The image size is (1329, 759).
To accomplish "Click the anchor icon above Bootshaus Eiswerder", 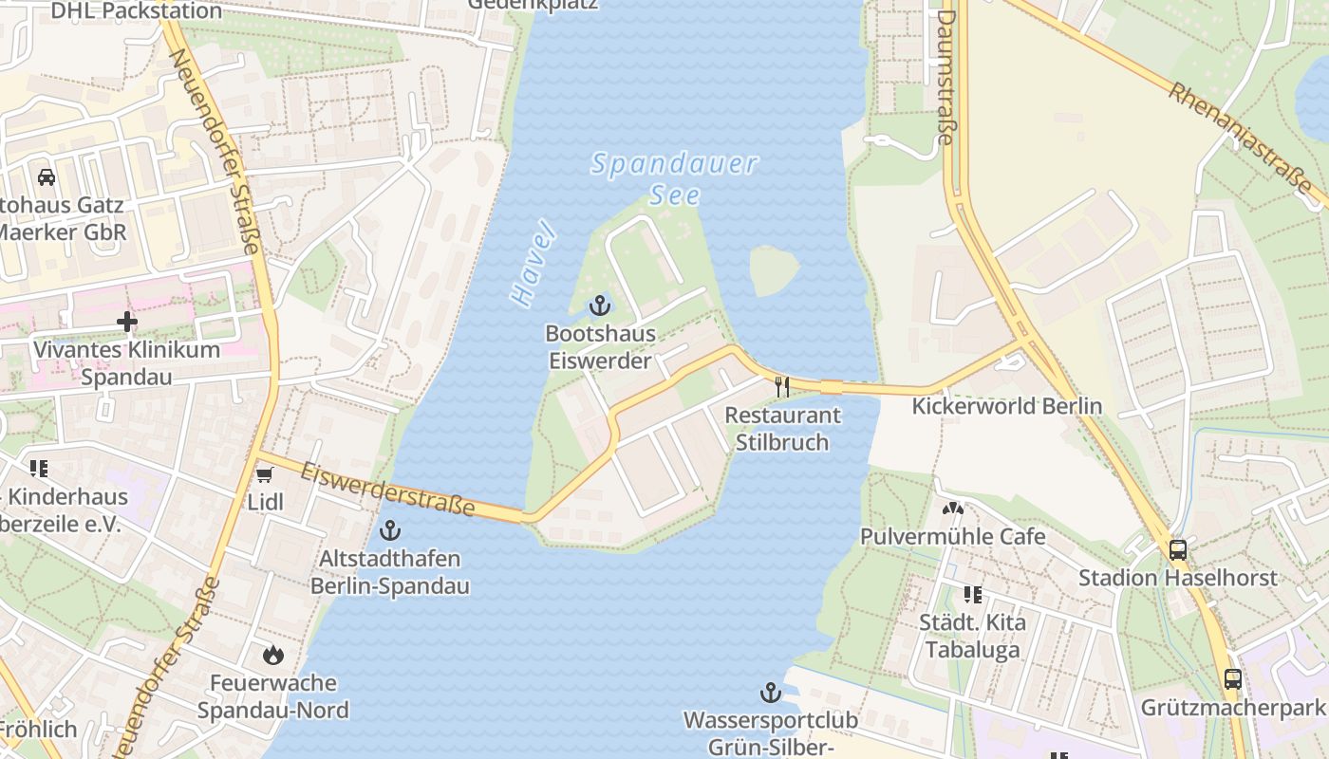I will [599, 305].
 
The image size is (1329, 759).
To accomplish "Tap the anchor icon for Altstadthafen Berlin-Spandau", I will [389, 530].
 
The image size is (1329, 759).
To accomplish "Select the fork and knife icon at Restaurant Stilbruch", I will [782, 386].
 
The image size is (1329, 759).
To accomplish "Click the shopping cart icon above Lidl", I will [265, 473].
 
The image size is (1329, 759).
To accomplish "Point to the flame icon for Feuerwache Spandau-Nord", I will [273, 655].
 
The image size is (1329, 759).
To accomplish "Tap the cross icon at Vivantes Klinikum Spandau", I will [127, 322].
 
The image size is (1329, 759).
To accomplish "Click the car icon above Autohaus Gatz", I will [46, 176].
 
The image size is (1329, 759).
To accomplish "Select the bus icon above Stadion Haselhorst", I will [1177, 549].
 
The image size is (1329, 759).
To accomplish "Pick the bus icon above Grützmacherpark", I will [1232, 679].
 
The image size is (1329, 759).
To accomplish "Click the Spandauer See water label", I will [675, 178].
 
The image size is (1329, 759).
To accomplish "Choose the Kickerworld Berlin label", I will [1006, 406].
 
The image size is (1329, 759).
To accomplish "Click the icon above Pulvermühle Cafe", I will [952, 509].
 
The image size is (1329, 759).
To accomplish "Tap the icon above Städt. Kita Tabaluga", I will [972, 595].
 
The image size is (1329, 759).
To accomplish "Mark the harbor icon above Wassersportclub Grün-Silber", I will [771, 694].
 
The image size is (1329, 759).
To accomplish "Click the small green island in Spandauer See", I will [774, 270].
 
